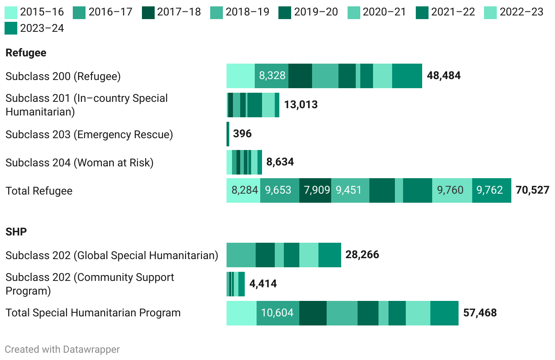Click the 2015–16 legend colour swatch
11,12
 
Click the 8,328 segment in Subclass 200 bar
272,75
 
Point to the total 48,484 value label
444,75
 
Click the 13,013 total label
301,105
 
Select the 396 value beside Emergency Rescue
242,134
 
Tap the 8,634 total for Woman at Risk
280,162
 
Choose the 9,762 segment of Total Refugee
489,190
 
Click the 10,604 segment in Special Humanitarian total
277,313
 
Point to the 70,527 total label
532,190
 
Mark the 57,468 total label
480,313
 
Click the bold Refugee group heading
26,53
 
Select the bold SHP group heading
16,232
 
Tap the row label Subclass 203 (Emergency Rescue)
89,135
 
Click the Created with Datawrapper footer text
62,349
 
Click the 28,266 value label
362,255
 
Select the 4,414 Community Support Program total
263,284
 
